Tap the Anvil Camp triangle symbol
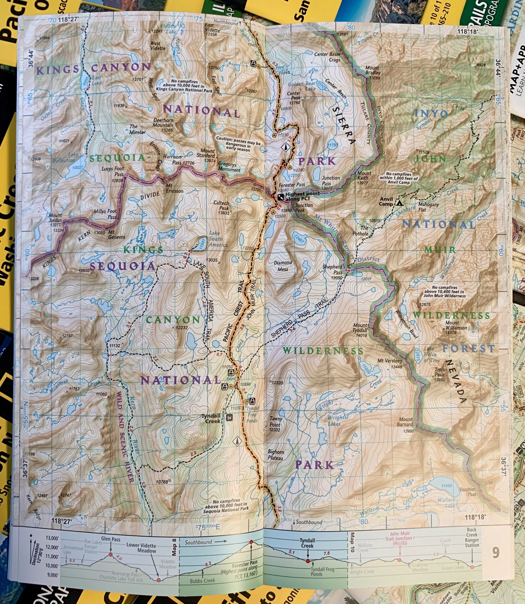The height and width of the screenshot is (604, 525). pos(399,203)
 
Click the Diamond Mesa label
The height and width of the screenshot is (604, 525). pos(283,266)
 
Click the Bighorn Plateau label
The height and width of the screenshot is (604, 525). pos(276,455)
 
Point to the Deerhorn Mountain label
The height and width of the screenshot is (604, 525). pos(163,122)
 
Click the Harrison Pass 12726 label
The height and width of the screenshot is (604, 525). pos(179,159)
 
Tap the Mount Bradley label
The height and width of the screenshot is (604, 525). pos(372,72)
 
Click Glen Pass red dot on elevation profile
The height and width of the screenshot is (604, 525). pos(111,554)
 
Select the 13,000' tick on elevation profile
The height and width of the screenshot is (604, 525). pos(52,538)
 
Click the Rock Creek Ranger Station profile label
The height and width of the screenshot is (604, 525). pos(472,537)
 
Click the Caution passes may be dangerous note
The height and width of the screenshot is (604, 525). pos(238,144)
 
